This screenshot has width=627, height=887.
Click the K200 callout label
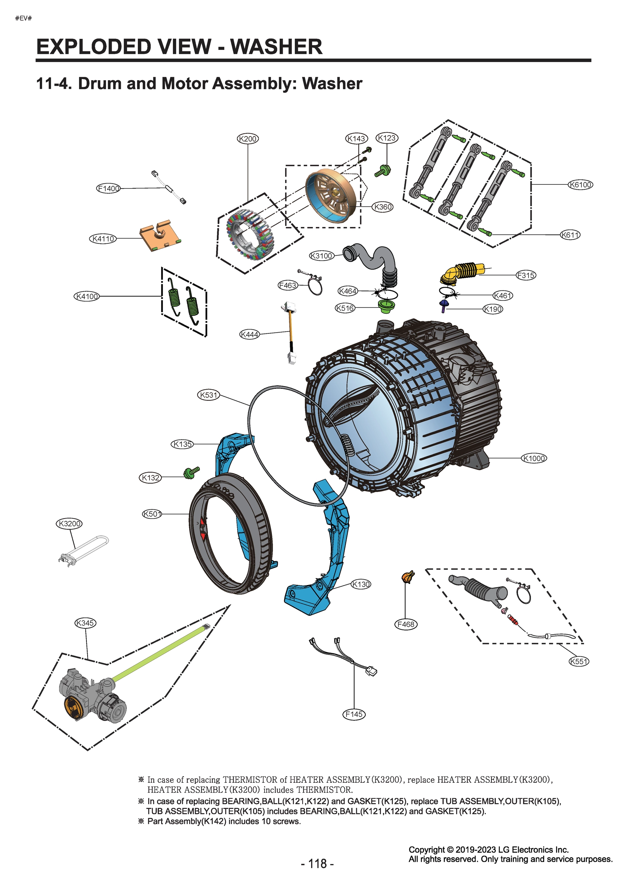(247, 138)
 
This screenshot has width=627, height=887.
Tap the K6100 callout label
(580, 185)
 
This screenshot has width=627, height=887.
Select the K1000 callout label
(534, 459)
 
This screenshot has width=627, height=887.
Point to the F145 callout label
(354, 714)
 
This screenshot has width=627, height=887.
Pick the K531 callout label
(209, 395)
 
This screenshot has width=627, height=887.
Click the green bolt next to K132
(191, 472)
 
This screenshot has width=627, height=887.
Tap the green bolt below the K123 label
(383, 170)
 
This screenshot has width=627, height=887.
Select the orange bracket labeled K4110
(160, 236)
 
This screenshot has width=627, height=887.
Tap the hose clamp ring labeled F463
(315, 286)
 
